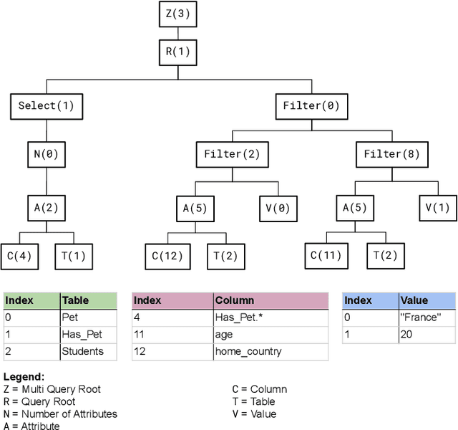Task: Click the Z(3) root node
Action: (178, 13)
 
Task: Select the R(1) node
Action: (178, 52)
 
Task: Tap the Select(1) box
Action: (47, 106)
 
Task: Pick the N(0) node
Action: (47, 154)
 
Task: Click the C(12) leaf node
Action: (167, 255)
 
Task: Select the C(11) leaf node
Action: (326, 255)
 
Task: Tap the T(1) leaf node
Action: (74, 255)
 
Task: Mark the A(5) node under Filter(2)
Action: (194, 208)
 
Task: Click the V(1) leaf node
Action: (438, 208)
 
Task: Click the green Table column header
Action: (87, 300)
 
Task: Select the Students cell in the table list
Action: (87, 351)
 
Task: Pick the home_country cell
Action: (271, 351)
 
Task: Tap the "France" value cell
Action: (426, 317)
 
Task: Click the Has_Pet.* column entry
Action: (271, 317)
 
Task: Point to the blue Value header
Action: (426, 300)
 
